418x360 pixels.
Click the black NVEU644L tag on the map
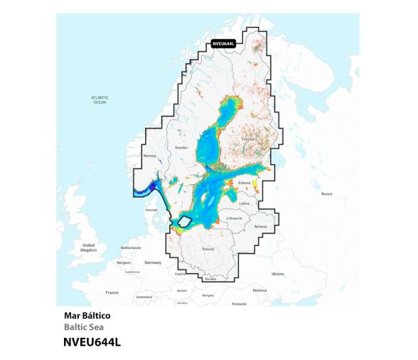pos(224,43)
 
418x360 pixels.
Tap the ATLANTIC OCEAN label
pos(100,100)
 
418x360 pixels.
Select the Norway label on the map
pos(149,155)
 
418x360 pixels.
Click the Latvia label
pos(245,203)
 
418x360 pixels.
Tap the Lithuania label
pos(235,218)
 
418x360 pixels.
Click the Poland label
pos(208,250)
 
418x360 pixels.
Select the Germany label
pos(153,262)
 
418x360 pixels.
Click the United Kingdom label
pos(88,247)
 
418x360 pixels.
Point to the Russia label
pos(326,193)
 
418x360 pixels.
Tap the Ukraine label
pos(277,273)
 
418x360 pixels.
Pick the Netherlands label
pos(131,248)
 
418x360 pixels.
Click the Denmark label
pos(151,210)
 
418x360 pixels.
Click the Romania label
pos(239,303)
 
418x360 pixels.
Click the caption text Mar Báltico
pos(87,315)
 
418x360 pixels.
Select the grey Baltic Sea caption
pos(83,327)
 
